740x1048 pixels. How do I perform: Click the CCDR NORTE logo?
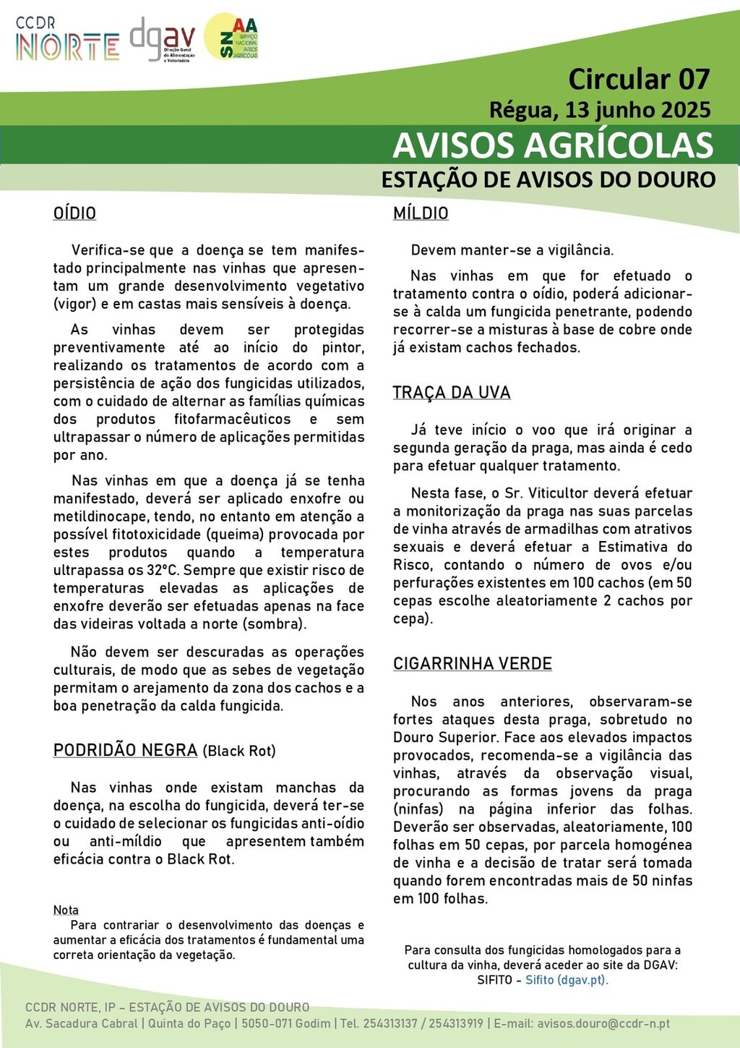pyautogui.click(x=66, y=40)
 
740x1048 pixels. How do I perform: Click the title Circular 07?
pyautogui.click(x=639, y=79)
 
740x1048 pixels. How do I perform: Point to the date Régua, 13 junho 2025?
pyautogui.click(x=600, y=110)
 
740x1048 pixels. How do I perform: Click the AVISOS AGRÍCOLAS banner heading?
pyautogui.click(x=553, y=145)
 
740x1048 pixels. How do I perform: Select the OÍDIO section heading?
pyautogui.click(x=74, y=213)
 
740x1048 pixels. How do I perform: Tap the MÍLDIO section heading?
pyautogui.click(x=421, y=213)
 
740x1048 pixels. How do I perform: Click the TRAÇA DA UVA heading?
pyautogui.click(x=452, y=393)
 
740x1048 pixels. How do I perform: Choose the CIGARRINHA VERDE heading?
pyautogui.click(x=473, y=664)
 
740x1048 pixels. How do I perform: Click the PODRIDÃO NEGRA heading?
pyautogui.click(x=125, y=750)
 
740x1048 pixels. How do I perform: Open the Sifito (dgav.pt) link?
pyautogui.click(x=567, y=980)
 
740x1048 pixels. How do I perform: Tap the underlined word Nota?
pyautogui.click(x=66, y=910)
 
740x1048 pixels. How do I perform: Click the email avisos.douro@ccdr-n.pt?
pyautogui.click(x=603, y=1024)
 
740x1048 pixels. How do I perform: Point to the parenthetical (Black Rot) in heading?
pyautogui.click(x=239, y=751)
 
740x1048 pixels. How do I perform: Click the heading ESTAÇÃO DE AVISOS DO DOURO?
pyautogui.click(x=548, y=179)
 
